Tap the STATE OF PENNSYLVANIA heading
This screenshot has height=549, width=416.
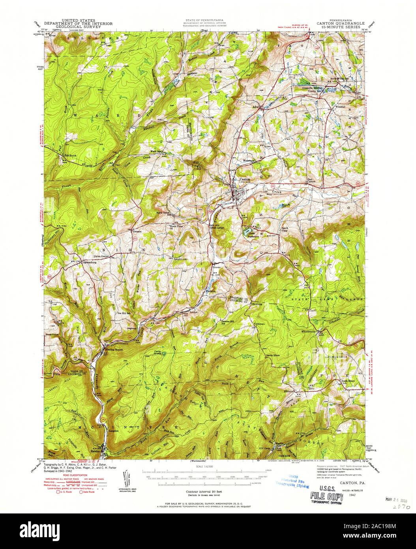click(204, 20)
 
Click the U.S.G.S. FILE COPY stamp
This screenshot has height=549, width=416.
click(326, 492)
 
